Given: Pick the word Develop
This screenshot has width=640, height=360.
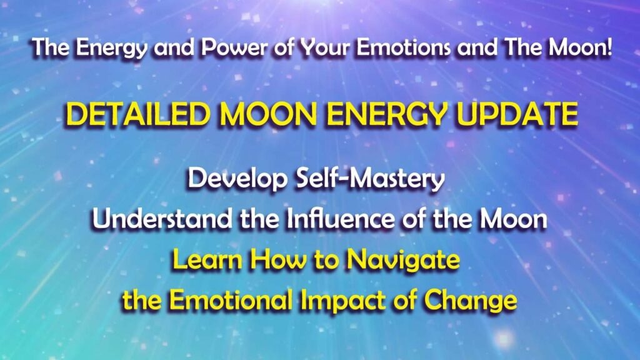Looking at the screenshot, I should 232,181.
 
